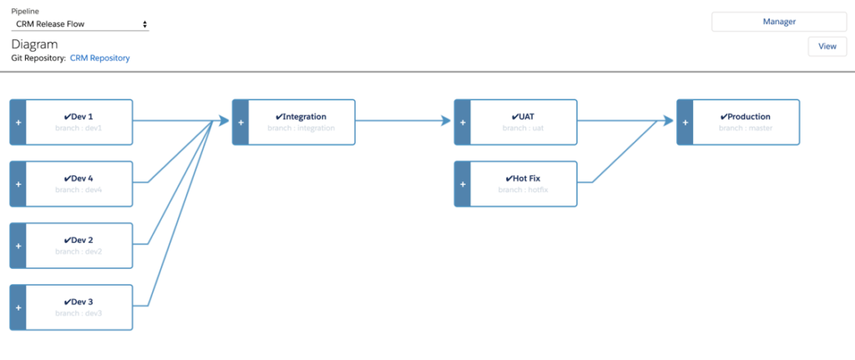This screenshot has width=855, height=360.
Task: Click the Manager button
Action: coord(779,22)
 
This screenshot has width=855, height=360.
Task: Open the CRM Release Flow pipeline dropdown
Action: coord(80,25)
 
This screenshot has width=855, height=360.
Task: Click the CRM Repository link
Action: coord(99,58)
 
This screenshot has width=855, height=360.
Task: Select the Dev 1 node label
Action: coord(78,117)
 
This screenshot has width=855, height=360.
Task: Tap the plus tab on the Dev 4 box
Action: coord(18,184)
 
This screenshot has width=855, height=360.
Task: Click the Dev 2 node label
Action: coord(78,241)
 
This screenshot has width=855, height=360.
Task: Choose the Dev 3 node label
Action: coord(78,302)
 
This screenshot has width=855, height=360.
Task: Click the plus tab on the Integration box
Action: coord(240,122)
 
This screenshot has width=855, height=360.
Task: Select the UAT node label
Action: coord(523,117)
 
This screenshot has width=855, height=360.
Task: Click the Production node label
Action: coord(745,117)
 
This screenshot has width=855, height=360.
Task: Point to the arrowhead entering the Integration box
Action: coord(224,122)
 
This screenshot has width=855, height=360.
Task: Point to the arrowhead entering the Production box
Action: coord(668,122)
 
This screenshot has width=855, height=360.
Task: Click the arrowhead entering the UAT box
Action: coord(446,122)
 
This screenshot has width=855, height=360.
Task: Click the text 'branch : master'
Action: coord(745,129)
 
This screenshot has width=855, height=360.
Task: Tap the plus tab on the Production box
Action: coord(686,122)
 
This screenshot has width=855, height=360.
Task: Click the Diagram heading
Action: coord(33,44)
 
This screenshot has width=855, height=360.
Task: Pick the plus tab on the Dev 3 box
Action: coord(18,307)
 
